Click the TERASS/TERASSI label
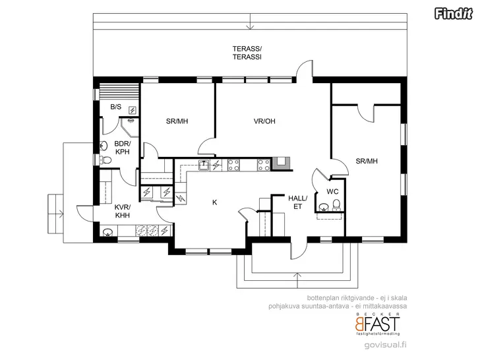click(x=247, y=53)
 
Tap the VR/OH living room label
click(x=264, y=121)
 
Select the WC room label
click(x=332, y=192)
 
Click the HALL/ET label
click(x=297, y=202)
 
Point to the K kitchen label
click(x=214, y=202)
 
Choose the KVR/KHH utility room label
click(x=123, y=211)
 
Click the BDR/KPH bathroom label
click(x=123, y=148)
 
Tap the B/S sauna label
click(x=116, y=107)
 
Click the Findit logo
click(x=453, y=14)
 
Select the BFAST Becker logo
click(x=377, y=324)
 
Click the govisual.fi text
click(x=386, y=345)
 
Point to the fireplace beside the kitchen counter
click(x=281, y=164)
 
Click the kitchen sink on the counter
click(x=203, y=165)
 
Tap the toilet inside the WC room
click(x=336, y=206)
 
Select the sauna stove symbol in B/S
click(x=133, y=110)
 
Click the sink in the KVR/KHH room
click(x=107, y=232)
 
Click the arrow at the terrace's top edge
click(x=251, y=21)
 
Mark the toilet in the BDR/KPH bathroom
click(x=105, y=160)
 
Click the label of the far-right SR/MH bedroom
click(x=367, y=161)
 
